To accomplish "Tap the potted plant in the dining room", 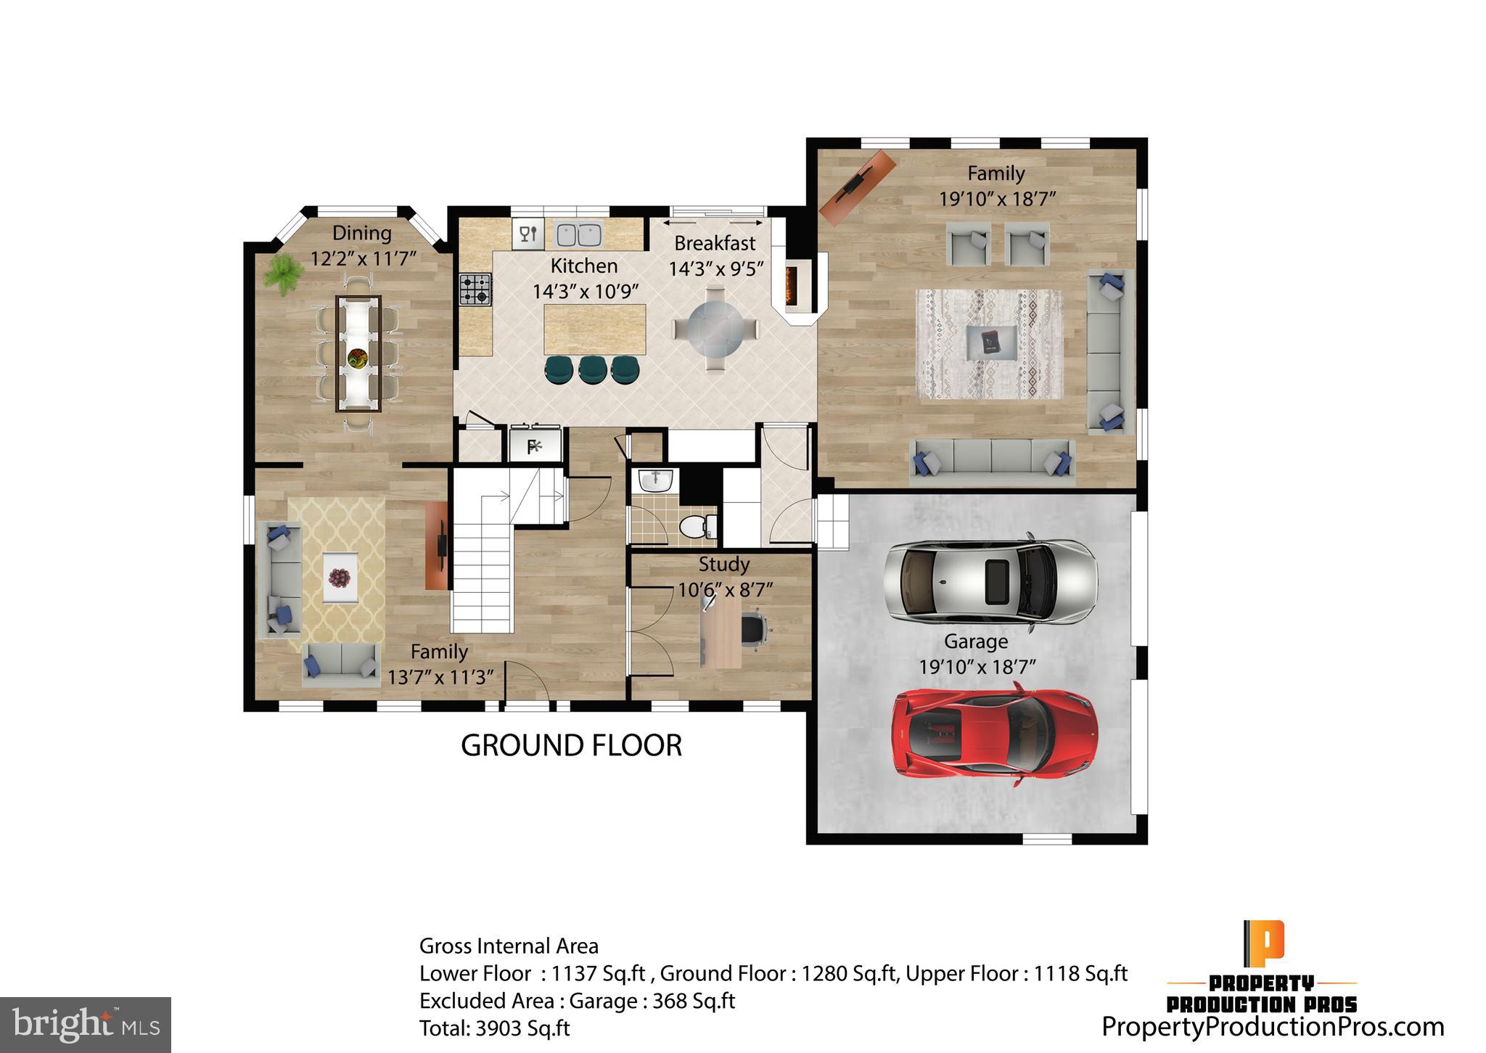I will coord(282,274).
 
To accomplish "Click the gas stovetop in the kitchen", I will coord(475,289).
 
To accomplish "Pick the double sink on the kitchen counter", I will coord(578,234).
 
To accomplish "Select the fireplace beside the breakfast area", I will coord(791,286).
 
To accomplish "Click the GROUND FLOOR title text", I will coord(571,746).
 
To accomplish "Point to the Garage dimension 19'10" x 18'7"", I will coord(977,667).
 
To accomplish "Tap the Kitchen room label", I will coord(583,266).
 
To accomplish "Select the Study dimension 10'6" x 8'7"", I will coord(725,589).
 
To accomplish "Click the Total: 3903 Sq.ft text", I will coord(494,1028).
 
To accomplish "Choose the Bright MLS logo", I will coord(86,1025).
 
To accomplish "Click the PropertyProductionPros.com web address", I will coord(1273,1027).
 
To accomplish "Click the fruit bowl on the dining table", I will coord(358,356).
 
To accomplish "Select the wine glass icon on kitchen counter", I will coord(528,234).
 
